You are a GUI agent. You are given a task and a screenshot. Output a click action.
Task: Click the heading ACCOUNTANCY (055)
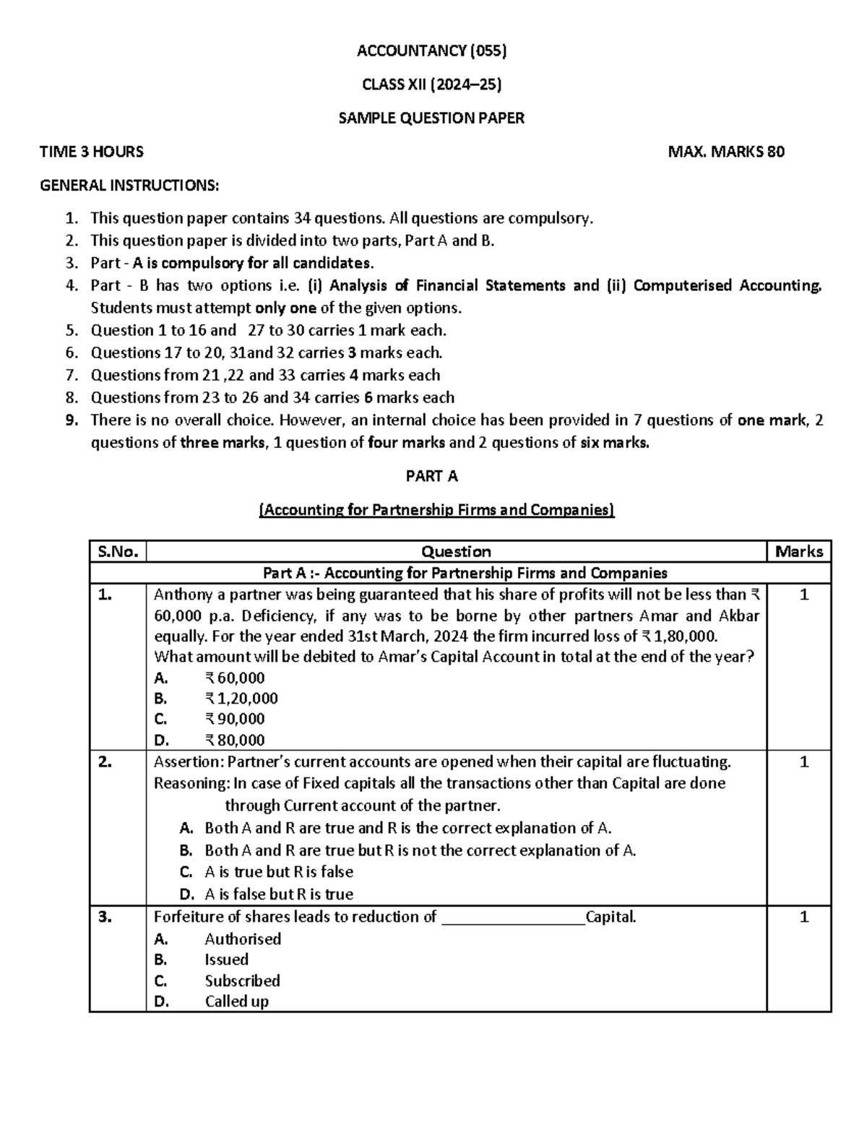point(432,51)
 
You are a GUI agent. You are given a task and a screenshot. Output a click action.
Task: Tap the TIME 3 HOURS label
point(92,152)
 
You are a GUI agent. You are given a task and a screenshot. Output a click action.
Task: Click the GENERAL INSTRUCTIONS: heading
point(129,186)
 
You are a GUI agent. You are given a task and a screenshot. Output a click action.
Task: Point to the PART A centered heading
point(432,476)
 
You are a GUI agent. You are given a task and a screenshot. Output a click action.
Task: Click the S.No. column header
point(117,552)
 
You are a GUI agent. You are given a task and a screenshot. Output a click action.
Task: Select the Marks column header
point(798,552)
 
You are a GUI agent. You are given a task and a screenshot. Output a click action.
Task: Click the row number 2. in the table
point(105,761)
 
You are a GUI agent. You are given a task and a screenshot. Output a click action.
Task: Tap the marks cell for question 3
point(803,918)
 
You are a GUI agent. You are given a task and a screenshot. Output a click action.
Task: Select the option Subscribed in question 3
point(242,980)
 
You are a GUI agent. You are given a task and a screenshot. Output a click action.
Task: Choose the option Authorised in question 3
point(243,939)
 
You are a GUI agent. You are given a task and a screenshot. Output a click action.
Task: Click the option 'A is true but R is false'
point(279,872)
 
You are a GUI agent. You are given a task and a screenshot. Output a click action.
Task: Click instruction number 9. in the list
point(71,420)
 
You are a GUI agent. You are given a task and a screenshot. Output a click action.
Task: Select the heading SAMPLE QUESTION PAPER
point(432,118)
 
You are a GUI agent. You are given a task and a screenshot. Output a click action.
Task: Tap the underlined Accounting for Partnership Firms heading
point(436,510)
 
